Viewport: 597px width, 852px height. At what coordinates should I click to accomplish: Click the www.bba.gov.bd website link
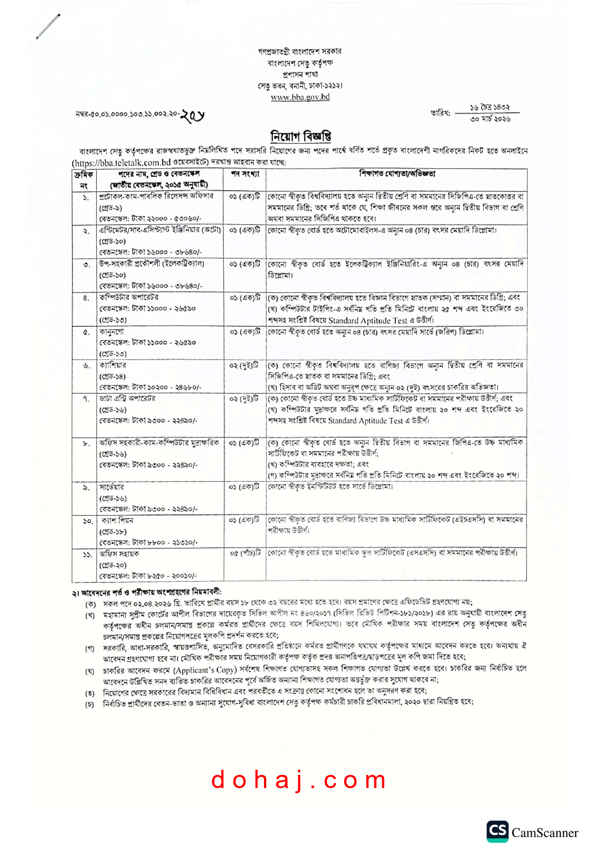point(300,97)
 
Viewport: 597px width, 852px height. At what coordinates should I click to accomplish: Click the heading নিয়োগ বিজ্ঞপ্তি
point(301,136)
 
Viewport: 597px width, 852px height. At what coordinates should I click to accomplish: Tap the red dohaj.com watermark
point(298,780)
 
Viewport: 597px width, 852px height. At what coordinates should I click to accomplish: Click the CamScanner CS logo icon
point(497,831)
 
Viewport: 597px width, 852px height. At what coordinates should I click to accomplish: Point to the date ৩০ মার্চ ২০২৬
point(490,119)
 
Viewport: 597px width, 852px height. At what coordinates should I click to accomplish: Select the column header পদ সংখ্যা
point(245,174)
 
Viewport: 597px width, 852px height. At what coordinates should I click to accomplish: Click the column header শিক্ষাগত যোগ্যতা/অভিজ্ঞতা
point(397,174)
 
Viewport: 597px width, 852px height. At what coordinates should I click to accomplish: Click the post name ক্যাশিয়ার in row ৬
point(113,365)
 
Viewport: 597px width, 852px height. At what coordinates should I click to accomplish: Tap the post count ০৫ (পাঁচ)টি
point(245,553)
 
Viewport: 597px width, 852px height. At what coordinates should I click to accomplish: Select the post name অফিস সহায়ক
point(119,554)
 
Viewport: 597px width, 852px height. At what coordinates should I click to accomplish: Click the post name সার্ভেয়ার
point(112,487)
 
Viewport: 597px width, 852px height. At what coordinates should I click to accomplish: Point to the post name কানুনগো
point(112,331)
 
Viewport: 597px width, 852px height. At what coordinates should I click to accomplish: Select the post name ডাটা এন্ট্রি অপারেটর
point(128,398)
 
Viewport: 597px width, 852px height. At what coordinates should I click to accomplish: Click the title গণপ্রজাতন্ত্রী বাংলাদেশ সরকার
point(300,51)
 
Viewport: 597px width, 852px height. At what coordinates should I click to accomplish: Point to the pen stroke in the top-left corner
point(48,26)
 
